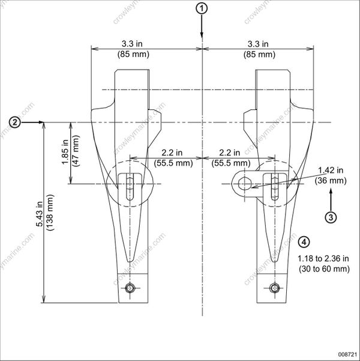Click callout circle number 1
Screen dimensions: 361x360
(203, 8)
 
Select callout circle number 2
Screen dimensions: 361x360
(16, 122)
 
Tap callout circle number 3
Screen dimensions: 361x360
(332, 216)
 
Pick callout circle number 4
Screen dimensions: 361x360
(304, 242)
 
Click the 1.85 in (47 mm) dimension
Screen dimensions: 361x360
(64, 153)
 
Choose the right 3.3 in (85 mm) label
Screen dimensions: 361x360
(259, 49)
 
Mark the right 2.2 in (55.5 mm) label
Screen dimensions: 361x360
(230, 158)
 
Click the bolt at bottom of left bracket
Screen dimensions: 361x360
(130, 288)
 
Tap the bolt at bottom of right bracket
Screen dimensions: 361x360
(275, 288)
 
